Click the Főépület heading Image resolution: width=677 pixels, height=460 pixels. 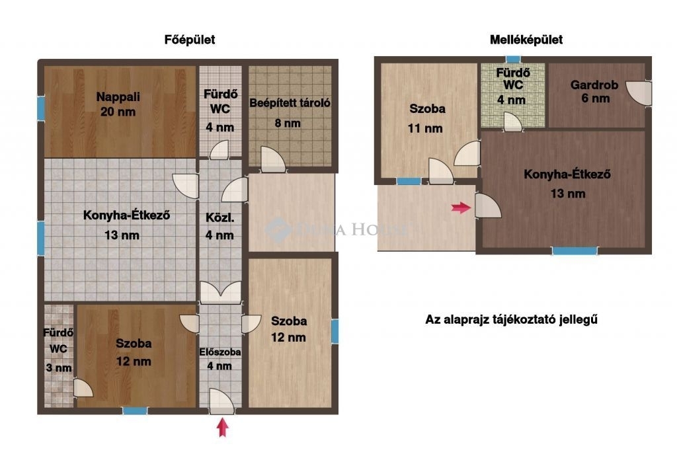[190, 40]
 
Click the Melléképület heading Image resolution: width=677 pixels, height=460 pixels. [526, 40]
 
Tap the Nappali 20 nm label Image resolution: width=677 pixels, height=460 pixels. [118, 104]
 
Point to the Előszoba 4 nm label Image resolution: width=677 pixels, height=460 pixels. [219, 359]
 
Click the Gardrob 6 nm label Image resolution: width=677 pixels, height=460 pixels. [594, 91]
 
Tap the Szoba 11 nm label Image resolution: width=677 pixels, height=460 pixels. [426, 118]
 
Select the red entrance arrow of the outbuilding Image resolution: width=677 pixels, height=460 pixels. [461, 208]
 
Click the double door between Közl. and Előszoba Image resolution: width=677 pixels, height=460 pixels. [221, 292]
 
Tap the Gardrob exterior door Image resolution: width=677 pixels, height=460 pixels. [639, 93]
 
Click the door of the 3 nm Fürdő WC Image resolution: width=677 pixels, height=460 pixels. [83, 388]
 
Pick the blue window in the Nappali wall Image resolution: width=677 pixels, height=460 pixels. [40, 108]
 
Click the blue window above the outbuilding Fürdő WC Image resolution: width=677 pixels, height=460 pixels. [513, 59]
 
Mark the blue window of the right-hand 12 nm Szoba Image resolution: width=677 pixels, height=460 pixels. [335, 331]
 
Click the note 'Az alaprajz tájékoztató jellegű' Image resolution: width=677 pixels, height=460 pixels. [512, 320]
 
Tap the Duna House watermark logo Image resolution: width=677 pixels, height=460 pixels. [277, 229]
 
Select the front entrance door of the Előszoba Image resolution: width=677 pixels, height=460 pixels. [222, 402]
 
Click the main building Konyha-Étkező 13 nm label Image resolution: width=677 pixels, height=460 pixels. [126, 225]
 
